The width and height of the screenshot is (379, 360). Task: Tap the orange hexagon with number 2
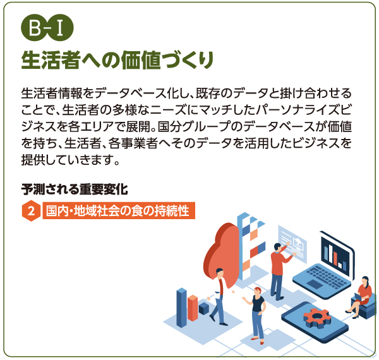(x=30, y=211)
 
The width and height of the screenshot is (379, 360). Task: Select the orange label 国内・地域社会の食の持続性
(x=117, y=211)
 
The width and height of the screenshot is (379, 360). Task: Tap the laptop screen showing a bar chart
(x=339, y=253)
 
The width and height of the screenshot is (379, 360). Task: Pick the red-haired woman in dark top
(x=257, y=313)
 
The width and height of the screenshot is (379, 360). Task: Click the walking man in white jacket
(x=219, y=294)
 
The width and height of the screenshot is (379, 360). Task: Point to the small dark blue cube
(x=203, y=308)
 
